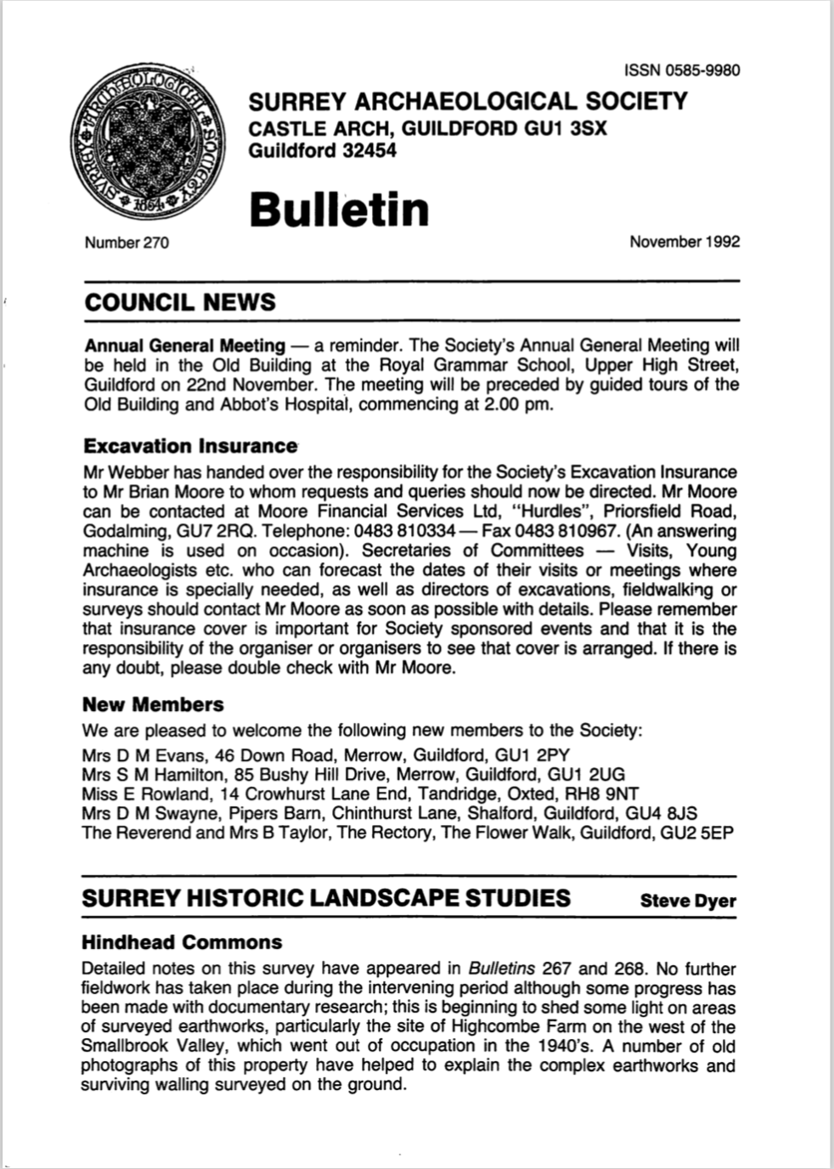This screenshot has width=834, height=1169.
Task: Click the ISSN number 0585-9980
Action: click(682, 71)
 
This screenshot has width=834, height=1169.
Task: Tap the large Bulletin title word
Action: click(339, 209)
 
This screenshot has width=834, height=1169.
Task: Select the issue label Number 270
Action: click(127, 243)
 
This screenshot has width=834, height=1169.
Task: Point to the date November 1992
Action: click(685, 241)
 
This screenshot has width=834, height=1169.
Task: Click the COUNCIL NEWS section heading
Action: click(179, 302)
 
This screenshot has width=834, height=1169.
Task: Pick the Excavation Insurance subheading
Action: click(190, 446)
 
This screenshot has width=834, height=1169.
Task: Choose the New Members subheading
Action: click(153, 704)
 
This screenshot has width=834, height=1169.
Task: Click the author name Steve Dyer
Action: click(688, 901)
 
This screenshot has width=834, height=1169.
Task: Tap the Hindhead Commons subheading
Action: click(182, 942)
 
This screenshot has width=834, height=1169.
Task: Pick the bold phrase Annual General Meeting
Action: click(184, 346)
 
